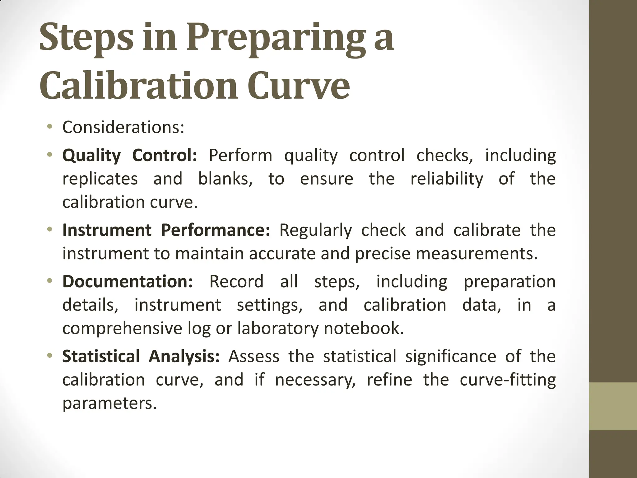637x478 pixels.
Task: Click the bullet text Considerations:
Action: click(x=123, y=127)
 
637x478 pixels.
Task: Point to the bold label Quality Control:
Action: click(x=130, y=155)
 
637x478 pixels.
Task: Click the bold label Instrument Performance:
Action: click(x=166, y=230)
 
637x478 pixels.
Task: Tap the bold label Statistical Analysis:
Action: click(x=141, y=356)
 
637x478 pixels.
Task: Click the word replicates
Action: click(x=100, y=179)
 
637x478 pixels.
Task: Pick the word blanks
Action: click(x=225, y=179)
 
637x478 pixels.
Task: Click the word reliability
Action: click(x=447, y=179)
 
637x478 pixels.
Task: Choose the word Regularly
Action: click(x=315, y=230)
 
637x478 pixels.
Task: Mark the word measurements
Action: click(x=477, y=254)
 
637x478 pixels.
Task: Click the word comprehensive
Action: click(x=122, y=329)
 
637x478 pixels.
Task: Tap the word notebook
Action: click(x=363, y=328)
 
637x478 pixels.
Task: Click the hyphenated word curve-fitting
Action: click(x=508, y=380)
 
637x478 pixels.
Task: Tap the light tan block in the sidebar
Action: click(x=613, y=406)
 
